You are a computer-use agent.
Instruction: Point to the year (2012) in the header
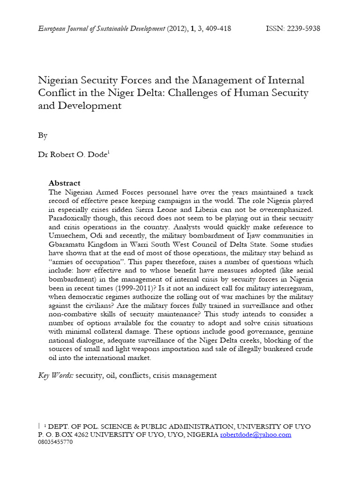(x=176, y=29)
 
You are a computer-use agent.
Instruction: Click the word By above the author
(x=43, y=135)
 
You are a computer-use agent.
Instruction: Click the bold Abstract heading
(x=64, y=183)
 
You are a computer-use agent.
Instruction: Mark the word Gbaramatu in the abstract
(x=68, y=245)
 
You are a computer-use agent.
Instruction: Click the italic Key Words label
(x=55, y=375)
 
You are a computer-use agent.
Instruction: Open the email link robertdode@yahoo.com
(x=255, y=435)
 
